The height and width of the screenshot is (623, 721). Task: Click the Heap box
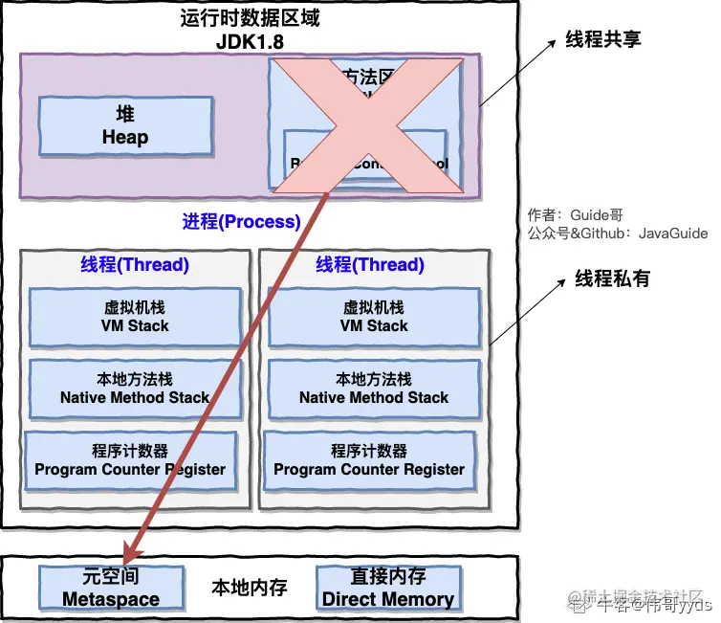tap(125, 126)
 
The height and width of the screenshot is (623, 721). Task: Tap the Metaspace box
tap(111, 588)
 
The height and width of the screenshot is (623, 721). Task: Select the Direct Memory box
tap(388, 588)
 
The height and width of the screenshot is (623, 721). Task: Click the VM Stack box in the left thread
tap(135, 317)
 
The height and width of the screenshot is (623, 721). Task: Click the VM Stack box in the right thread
tap(374, 317)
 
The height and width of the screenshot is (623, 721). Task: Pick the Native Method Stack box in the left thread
tap(135, 389)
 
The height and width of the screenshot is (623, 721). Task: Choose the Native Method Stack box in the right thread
tap(374, 389)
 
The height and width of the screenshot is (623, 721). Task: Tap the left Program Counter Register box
tap(130, 460)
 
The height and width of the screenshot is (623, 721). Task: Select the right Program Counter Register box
tap(369, 460)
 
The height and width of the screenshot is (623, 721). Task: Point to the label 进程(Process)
tap(241, 222)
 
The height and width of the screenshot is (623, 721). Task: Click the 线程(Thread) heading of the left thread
tap(135, 265)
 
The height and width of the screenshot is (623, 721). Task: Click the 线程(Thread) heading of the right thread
tap(370, 265)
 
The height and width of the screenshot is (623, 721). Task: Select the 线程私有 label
tap(612, 278)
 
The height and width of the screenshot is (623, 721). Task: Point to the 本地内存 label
tap(250, 587)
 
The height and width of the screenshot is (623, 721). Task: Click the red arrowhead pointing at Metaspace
tap(132, 551)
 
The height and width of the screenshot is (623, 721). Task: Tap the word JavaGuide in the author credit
tap(673, 233)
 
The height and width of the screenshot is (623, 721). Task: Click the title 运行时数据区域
tap(251, 19)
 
